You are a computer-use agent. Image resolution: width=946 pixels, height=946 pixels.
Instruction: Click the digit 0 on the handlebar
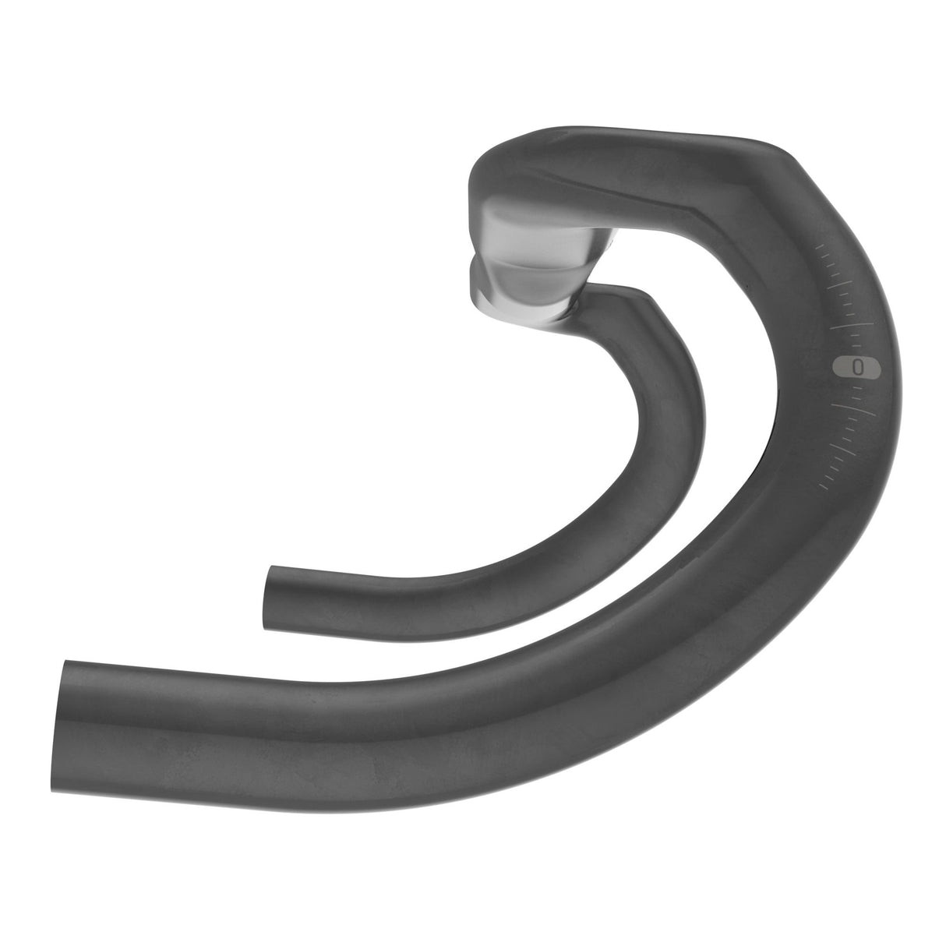pyautogui.click(x=858, y=367)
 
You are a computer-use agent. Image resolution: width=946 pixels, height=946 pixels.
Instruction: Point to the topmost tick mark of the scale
pyautogui.click(x=820, y=247)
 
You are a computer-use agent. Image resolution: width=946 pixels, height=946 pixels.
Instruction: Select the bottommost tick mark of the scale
pyautogui.click(x=824, y=486)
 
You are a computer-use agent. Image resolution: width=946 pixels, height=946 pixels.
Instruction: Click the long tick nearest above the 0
pyautogui.click(x=852, y=326)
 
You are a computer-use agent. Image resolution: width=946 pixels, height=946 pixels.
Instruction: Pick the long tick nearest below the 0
pyautogui.click(x=853, y=410)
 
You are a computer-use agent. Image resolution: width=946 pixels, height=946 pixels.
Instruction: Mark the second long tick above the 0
pyautogui.click(x=840, y=284)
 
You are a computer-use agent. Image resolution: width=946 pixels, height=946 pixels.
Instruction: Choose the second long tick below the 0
pyautogui.click(x=842, y=450)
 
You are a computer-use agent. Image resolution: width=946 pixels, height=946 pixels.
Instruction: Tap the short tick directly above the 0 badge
pyautogui.click(x=856, y=345)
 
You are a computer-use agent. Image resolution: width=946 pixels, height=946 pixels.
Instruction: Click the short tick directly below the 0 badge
pyautogui.click(x=857, y=387)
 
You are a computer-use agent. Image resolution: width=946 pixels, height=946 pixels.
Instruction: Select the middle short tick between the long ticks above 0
pyautogui.click(x=848, y=304)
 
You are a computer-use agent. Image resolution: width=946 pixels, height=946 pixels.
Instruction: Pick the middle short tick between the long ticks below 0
pyautogui.click(x=850, y=429)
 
